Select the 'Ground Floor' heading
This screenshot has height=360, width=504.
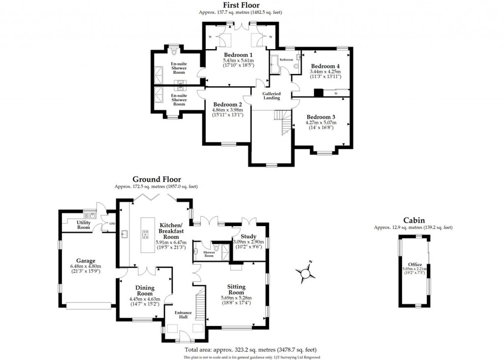tap(156, 180)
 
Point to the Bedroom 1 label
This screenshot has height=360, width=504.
tap(238, 55)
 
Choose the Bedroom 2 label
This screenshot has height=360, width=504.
tap(227, 104)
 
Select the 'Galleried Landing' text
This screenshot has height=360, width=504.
tap(271, 96)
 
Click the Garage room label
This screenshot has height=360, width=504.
tap(86, 261)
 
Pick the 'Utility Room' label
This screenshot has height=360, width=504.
tap(84, 225)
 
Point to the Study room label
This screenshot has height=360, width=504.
tap(250, 236)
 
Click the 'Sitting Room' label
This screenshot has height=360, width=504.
tap(236, 290)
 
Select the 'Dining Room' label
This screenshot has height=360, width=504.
tap(145, 291)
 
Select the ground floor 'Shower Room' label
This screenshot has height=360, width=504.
tap(209, 254)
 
